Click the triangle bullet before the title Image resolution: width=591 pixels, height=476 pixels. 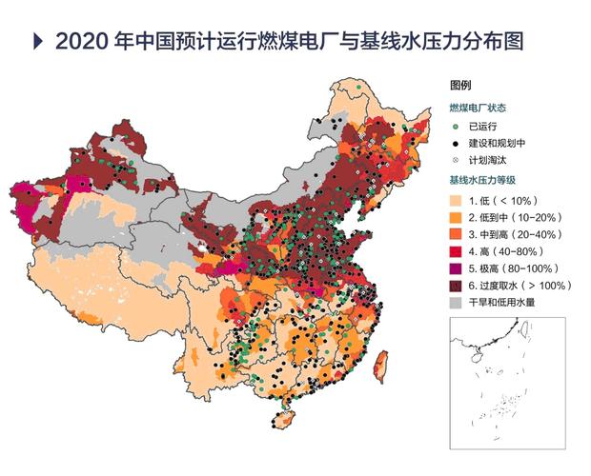tap(38, 41)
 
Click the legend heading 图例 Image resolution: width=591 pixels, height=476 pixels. tap(460, 87)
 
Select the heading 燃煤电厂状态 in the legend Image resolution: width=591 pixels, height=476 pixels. tap(480, 107)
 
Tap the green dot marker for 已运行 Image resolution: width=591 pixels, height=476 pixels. tap(457, 126)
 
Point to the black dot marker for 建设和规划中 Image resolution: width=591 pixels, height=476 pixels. tap(457, 143)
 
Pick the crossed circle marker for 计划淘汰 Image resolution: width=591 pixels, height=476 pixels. tap(457, 160)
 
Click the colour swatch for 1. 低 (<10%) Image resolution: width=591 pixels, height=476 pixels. tap(458, 201)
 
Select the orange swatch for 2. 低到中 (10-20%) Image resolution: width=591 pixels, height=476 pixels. tap(458, 218)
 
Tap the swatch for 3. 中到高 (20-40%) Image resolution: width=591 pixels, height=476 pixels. tap(458, 235)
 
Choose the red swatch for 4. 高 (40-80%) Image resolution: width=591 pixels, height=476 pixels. tap(458, 251)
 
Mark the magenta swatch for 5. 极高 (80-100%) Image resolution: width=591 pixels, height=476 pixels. tap(458, 268)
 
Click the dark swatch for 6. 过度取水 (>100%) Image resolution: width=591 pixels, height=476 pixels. tap(458, 286)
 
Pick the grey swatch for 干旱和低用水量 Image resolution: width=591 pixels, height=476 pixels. tap(458, 302)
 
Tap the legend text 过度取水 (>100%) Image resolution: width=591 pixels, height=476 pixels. tap(525, 286)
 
